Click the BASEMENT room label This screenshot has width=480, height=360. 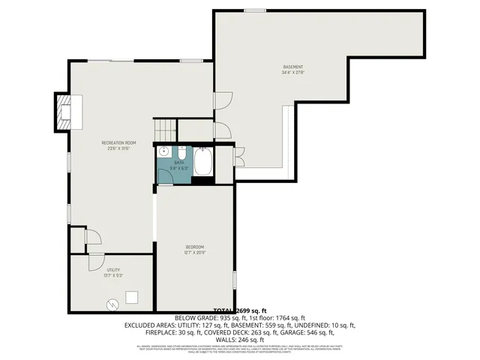pos(292,67)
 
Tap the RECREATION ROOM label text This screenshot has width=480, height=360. pos(118,142)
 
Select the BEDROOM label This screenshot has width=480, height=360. pos(195,247)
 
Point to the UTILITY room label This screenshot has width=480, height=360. pos(113,270)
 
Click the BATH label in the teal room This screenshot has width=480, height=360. pos(178,162)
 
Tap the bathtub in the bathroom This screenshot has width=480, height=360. pos(204,162)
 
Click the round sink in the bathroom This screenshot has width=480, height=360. pos(163,151)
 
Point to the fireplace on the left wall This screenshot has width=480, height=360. pos(65,111)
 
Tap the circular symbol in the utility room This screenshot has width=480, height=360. pos(112,304)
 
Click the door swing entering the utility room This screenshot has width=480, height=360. pos(95,261)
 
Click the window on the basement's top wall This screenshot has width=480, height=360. pos(254,10)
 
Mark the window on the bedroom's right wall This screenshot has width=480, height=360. pos(235,280)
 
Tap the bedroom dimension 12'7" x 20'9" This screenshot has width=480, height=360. pos(195,253)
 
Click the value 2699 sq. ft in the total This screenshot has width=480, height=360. pos(252,310)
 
